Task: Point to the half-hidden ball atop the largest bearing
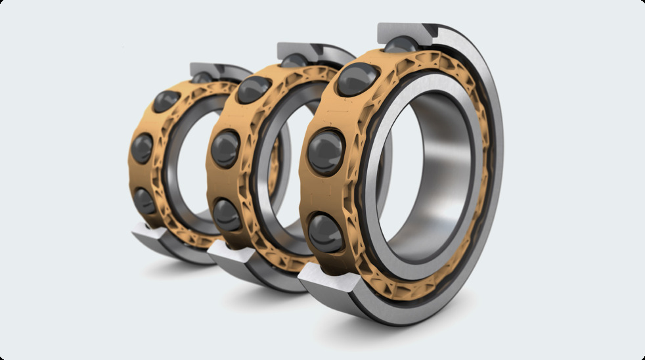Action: click(399, 45)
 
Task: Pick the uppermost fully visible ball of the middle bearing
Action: click(254, 89)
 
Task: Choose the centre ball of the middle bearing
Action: click(225, 148)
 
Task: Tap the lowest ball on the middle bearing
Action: click(227, 214)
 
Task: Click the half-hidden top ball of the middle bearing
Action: click(293, 60)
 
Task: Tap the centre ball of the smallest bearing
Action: click(142, 148)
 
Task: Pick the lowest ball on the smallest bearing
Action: click(145, 200)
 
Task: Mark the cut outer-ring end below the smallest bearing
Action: click(152, 233)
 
